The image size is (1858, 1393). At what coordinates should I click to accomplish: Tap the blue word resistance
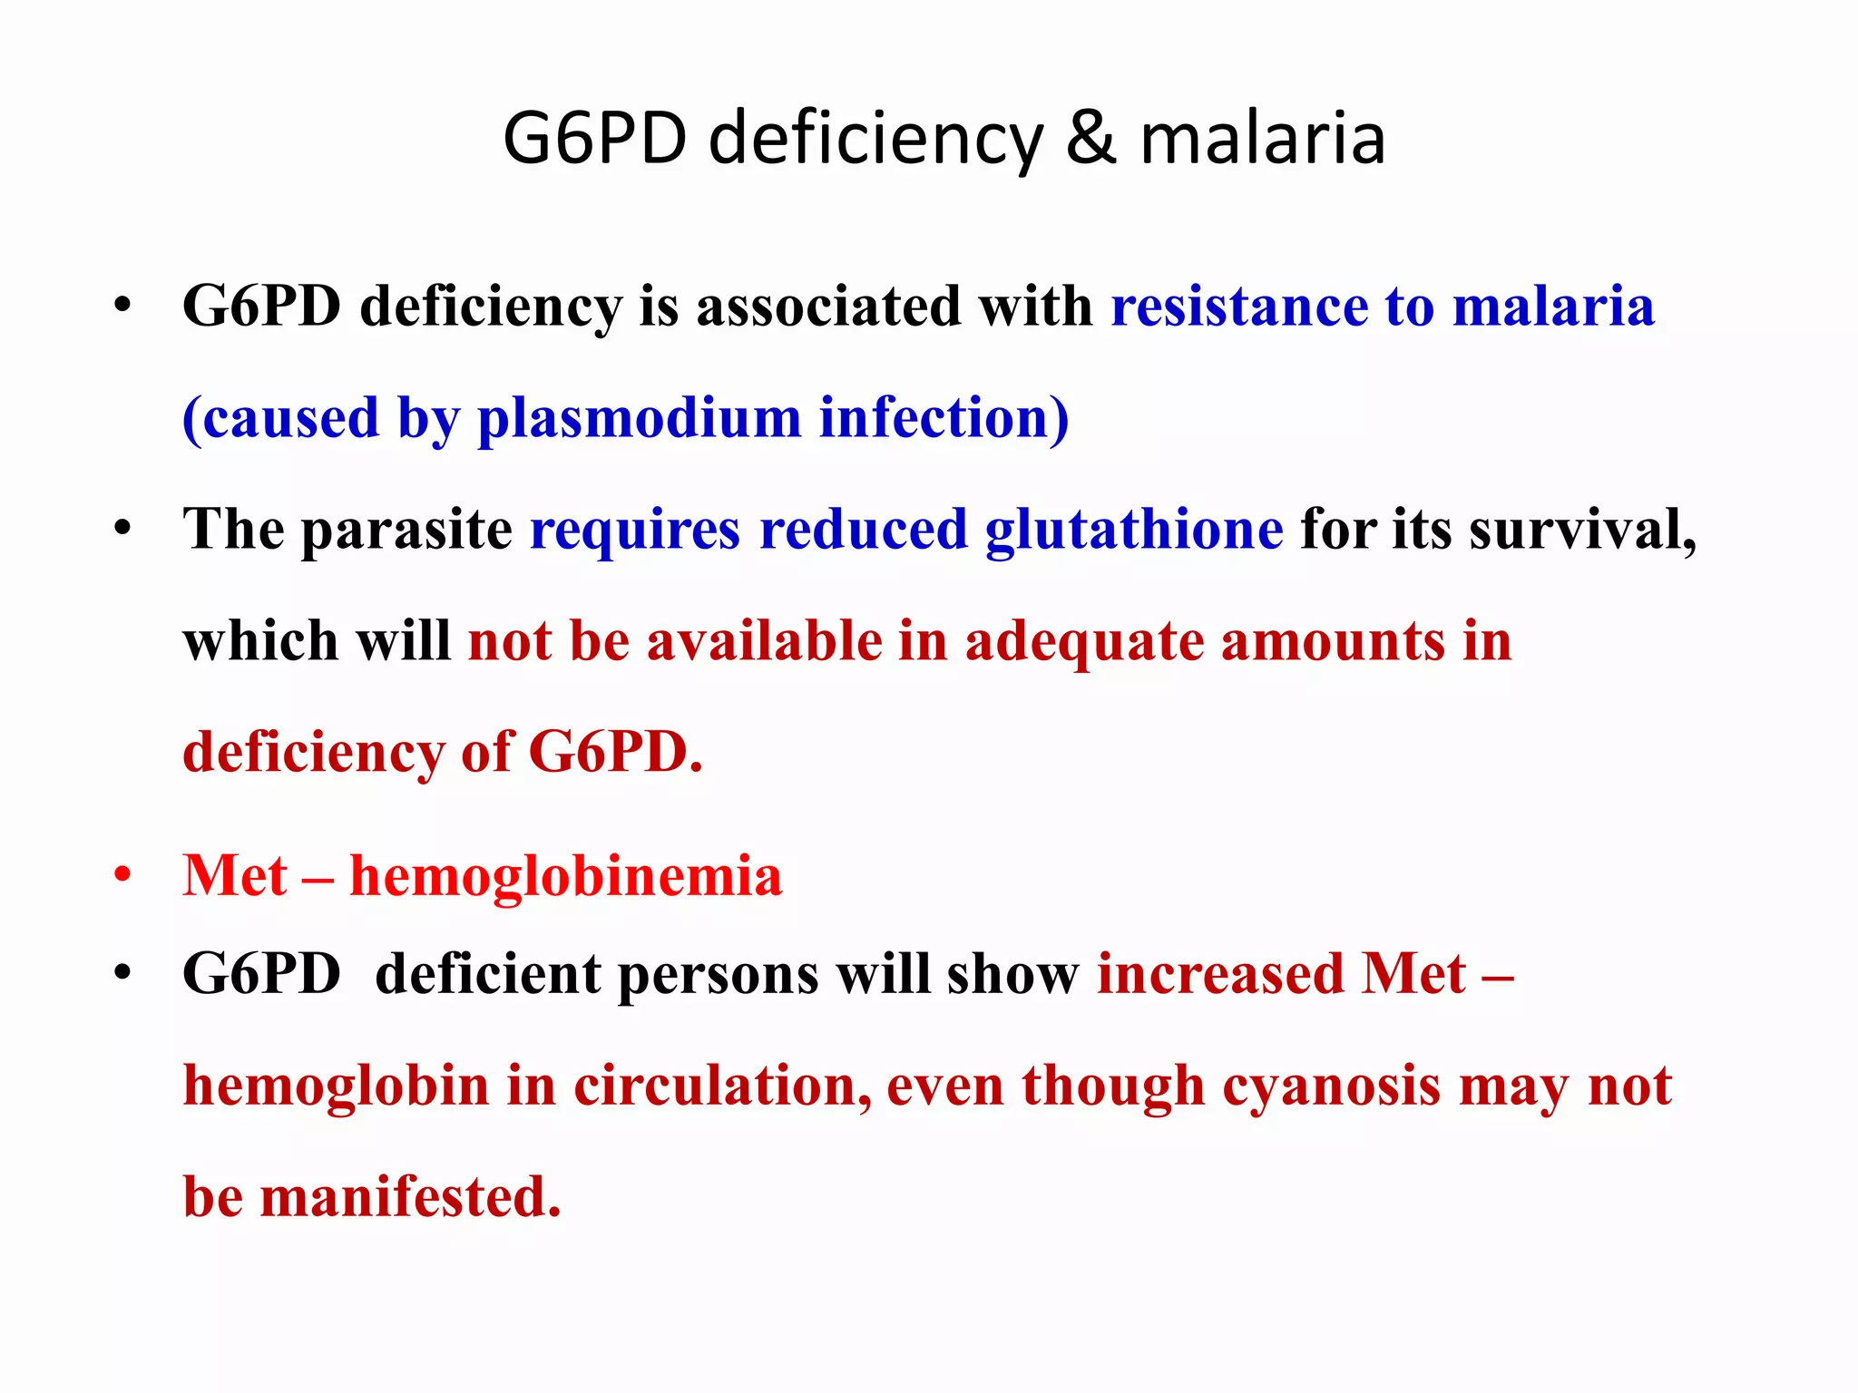pyautogui.click(x=1239, y=306)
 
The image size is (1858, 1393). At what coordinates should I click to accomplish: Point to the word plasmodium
pyautogui.click(x=639, y=418)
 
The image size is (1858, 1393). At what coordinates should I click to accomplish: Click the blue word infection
pyautogui.click(x=944, y=418)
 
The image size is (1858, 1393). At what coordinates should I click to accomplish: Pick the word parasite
pyautogui.click(x=406, y=530)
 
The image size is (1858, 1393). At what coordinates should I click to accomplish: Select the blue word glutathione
pyautogui.click(x=1134, y=530)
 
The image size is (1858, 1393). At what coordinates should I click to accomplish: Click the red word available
pyautogui.click(x=764, y=641)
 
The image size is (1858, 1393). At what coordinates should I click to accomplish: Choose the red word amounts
pyautogui.click(x=1333, y=641)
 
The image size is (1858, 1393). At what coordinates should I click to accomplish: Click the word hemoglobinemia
pyautogui.click(x=566, y=877)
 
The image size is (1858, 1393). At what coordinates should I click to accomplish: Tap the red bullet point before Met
pyautogui.click(x=122, y=876)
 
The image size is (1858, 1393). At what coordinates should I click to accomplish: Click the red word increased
pyautogui.click(x=1220, y=976)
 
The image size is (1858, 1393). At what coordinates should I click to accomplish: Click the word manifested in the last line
pyautogui.click(x=410, y=1197)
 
